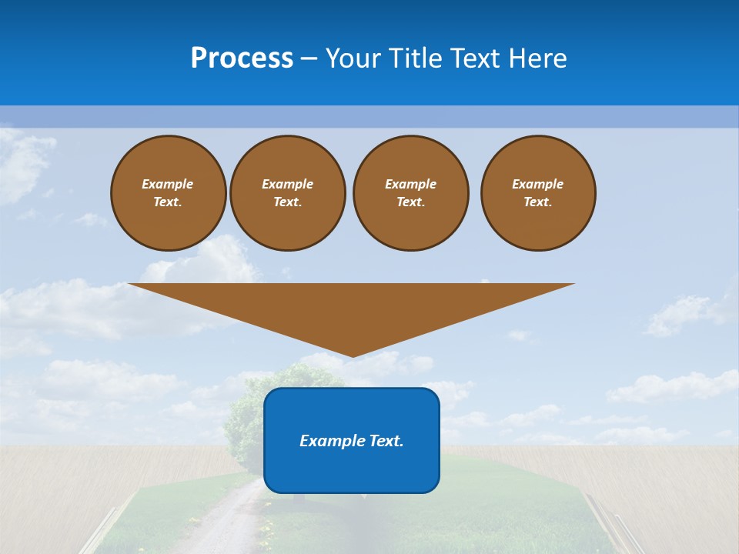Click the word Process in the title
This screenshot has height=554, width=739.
(242, 58)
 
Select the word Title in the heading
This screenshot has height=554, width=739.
(419, 58)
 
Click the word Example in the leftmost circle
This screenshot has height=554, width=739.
(168, 184)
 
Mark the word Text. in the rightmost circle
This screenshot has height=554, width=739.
(538, 202)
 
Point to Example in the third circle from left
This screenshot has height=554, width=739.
(411, 184)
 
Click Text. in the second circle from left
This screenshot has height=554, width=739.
(288, 202)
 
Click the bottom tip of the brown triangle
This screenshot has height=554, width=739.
(352, 355)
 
